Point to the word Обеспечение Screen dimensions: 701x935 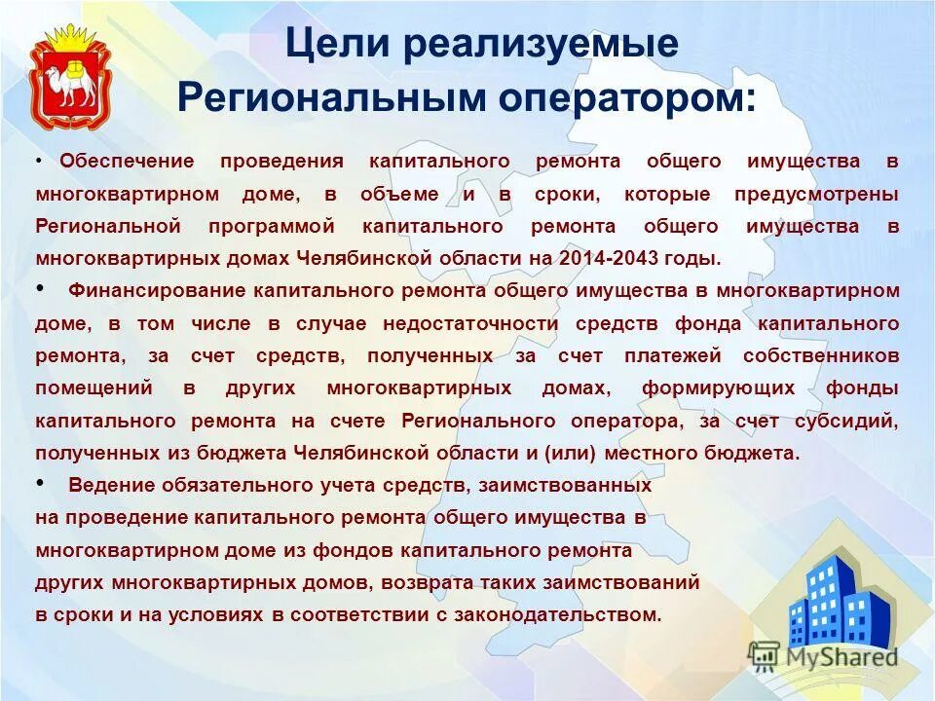127,162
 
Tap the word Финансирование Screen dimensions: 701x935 159,290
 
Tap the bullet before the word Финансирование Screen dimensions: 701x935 40,288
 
